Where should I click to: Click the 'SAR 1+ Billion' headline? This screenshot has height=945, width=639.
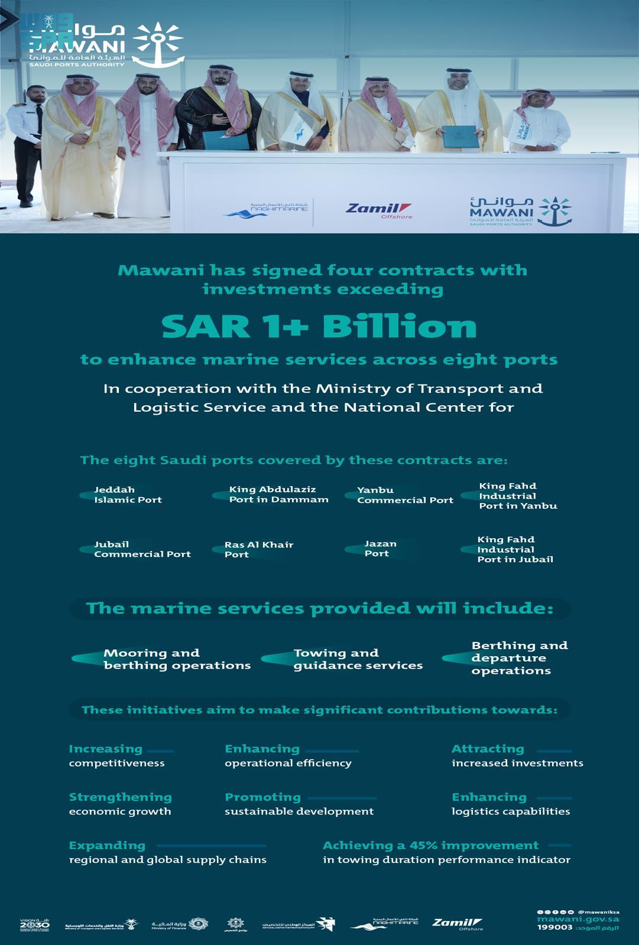point(319,327)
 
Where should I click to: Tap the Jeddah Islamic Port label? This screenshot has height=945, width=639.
point(128,494)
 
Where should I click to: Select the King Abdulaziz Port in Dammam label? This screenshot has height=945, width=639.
point(278,494)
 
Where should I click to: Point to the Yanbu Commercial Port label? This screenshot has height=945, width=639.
point(405,495)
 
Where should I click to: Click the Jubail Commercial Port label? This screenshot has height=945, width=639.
point(142,549)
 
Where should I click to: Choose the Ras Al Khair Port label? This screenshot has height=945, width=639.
point(258,549)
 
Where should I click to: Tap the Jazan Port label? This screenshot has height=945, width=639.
point(380,549)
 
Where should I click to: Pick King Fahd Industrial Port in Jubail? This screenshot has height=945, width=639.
point(515,549)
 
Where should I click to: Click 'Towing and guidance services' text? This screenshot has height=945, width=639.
point(358,659)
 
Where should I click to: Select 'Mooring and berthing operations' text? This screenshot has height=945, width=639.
point(177,659)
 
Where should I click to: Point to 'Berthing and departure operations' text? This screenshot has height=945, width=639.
point(519,658)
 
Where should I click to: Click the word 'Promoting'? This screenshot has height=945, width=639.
point(262,797)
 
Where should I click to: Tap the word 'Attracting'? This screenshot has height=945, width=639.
point(488,749)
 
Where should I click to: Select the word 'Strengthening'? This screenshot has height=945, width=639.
point(120,797)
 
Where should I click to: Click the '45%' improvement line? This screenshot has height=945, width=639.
point(430,846)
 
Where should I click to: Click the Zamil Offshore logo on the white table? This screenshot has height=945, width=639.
point(378,210)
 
